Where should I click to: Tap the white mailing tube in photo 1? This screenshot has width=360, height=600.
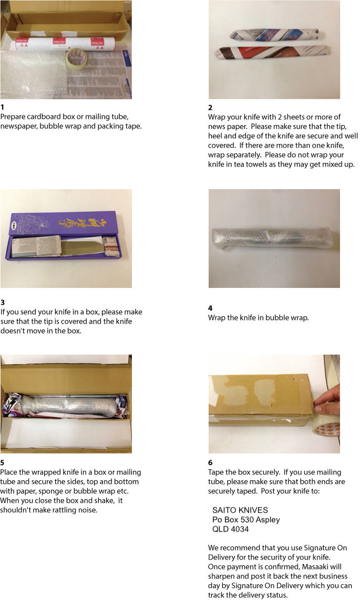pos(65,44)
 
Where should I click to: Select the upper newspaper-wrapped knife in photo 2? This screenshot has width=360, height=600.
pos(277,35)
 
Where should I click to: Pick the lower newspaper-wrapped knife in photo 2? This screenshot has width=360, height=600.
pos(272,53)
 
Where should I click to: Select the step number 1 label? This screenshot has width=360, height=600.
pos(2,107)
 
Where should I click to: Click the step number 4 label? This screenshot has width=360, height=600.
pos(210,308)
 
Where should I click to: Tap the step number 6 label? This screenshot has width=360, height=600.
pos(210,463)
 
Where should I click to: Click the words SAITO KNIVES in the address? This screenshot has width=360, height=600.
pos(240,510)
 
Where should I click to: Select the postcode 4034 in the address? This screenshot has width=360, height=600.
pos(239,529)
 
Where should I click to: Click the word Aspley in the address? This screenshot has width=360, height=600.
pos(268,520)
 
